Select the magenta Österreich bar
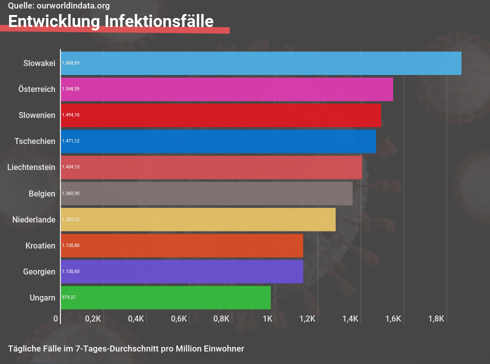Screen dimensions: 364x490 [227, 89]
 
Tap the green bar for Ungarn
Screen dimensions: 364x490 [165, 297]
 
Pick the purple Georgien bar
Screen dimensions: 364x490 [182, 271]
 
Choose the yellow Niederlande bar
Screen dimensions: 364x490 [198, 219]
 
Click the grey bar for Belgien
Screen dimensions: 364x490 [206, 193]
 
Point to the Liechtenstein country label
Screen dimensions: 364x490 [31, 167]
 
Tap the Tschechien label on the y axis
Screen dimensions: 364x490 [35, 141]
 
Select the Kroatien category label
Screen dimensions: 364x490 [40, 245]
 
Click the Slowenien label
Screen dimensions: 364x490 [36, 115]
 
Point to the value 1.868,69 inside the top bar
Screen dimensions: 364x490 [70, 63]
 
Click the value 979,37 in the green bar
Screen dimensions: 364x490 [68, 297]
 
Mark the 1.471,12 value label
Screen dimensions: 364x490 [70, 141]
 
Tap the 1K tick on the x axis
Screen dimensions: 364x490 [267, 319]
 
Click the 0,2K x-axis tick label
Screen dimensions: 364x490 [93, 319]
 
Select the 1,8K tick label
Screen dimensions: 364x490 [436, 319]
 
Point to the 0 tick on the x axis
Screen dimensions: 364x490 [56, 319]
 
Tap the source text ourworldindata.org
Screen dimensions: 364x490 [73, 6]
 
